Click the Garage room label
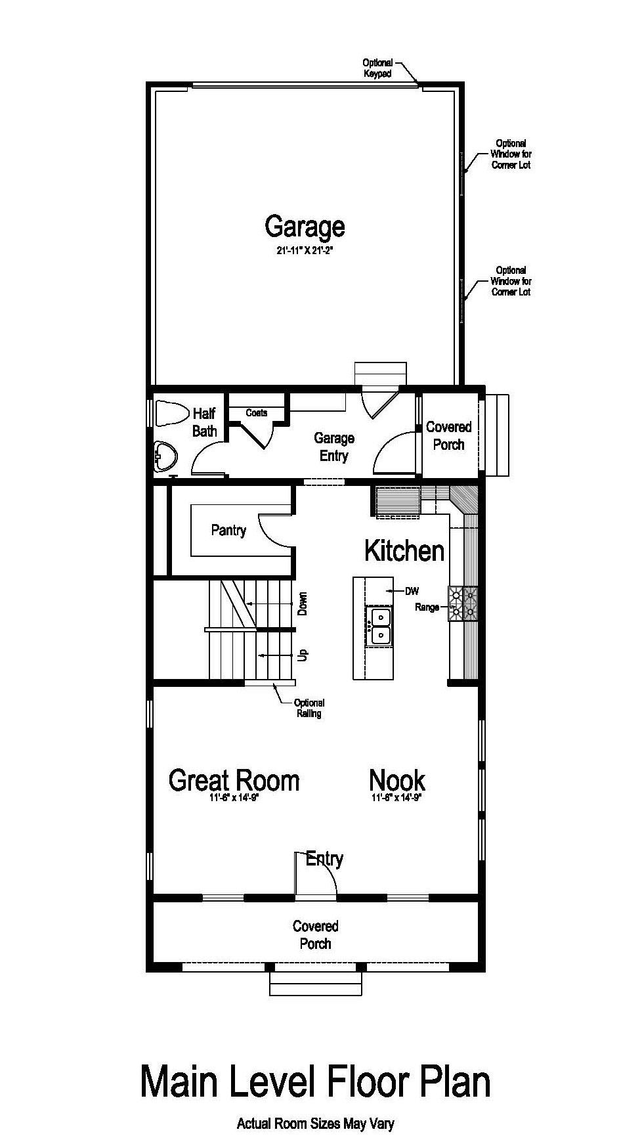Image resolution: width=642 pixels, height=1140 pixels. tap(305, 227)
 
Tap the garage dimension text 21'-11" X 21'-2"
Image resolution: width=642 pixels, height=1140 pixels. tap(305, 250)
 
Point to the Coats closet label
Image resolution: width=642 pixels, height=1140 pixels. tap(257, 412)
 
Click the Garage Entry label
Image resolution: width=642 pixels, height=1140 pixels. tap(333, 447)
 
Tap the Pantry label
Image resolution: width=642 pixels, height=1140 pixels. tap(228, 530)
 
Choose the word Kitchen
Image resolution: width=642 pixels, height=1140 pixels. tap(404, 550)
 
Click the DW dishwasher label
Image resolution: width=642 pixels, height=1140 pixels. tap(412, 591)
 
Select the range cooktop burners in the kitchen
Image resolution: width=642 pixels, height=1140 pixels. tap(463, 603)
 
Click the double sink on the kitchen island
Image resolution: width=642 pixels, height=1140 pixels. tap(379, 626)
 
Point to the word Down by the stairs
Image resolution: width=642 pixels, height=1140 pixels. tap(303, 604)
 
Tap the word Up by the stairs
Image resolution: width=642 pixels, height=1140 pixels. tap(303, 655)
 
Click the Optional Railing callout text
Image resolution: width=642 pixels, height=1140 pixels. tap(309, 708)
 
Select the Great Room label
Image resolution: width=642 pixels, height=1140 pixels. tap(234, 780)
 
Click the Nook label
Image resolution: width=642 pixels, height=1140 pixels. tap(397, 780)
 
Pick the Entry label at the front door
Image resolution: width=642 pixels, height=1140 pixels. tap(324, 858)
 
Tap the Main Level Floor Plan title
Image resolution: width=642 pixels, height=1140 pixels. tap(316, 1082)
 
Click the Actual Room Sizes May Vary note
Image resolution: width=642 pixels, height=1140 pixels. tap(316, 1124)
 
